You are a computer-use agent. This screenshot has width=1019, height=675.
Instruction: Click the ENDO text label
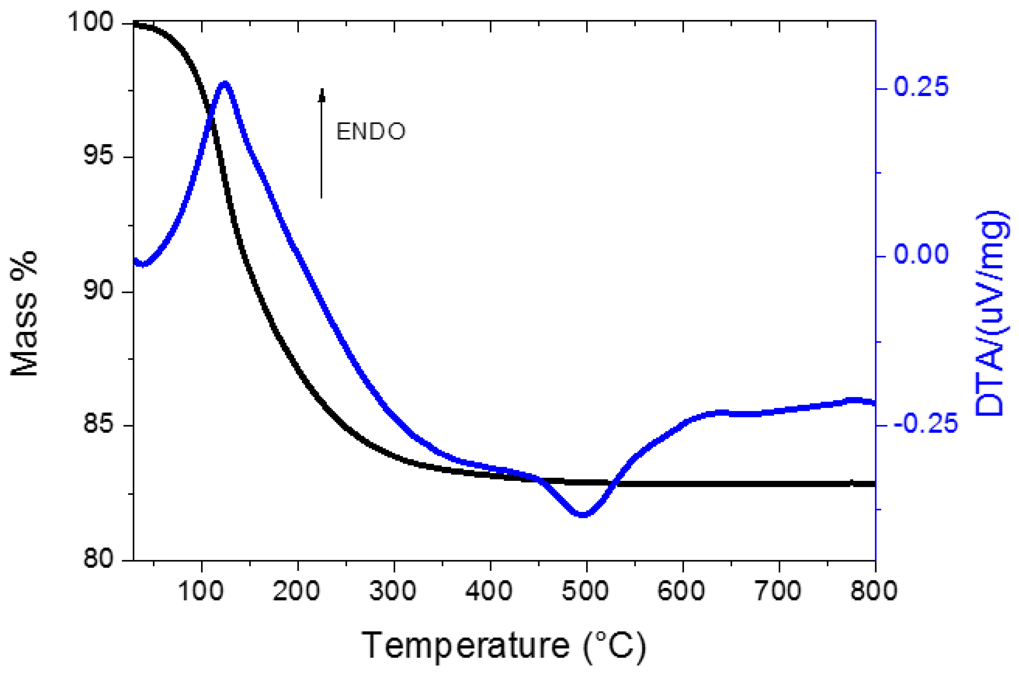tap(370, 131)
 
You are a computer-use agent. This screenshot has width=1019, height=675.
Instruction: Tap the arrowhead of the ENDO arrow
tap(322, 94)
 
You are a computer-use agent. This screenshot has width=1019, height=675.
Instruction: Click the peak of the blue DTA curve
tap(224, 83)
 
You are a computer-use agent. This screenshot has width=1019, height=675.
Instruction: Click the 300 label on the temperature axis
tap(393, 591)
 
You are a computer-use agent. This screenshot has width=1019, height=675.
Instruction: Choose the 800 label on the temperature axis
tap(874, 591)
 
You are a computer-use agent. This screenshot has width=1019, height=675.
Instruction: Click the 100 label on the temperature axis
tap(201, 591)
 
